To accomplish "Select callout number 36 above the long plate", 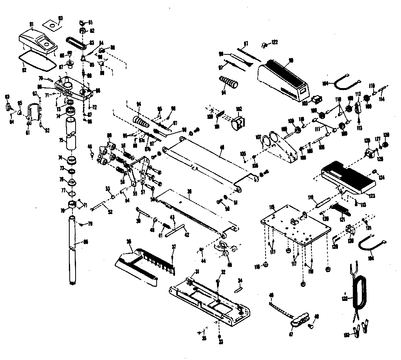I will (x=189, y=192).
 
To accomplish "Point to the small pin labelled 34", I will (x=238, y=290).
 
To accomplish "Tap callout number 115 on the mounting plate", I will (x=271, y=207).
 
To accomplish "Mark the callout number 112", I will (x=358, y=94).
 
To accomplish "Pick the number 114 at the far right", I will (x=382, y=99).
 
